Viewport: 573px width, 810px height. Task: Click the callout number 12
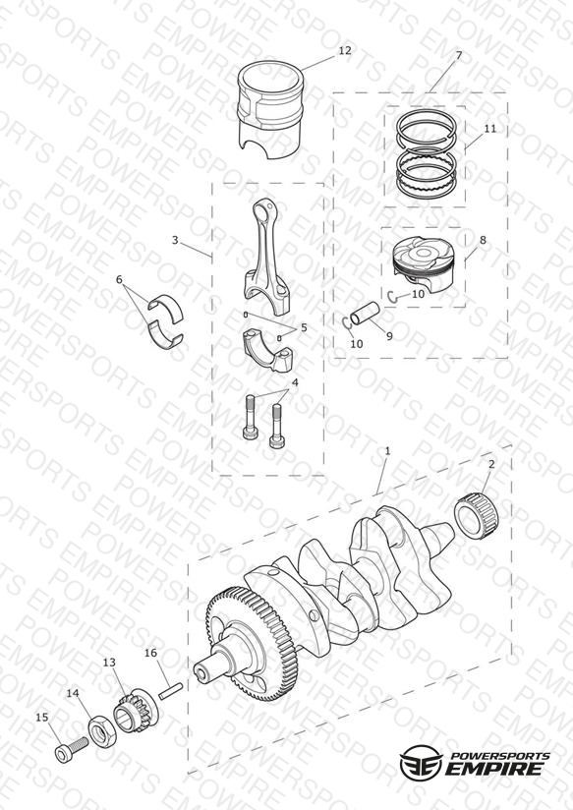point(345,50)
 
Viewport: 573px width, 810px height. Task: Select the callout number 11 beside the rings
point(489,128)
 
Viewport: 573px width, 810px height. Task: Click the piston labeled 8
point(424,264)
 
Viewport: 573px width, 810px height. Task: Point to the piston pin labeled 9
point(366,314)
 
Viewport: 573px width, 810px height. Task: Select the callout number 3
point(175,240)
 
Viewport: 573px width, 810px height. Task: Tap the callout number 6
point(119,279)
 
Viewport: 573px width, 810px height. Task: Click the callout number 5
point(304,327)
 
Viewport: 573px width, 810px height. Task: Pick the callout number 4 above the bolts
point(295,382)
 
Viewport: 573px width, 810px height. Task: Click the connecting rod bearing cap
point(267,350)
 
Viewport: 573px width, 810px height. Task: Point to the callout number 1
point(387,451)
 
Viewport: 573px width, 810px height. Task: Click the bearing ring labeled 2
point(476,516)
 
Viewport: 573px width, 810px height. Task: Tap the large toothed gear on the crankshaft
point(251,644)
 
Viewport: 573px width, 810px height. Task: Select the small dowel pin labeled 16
point(171,691)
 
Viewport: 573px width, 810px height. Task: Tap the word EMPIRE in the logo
point(493,768)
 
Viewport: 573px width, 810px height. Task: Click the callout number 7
point(458,55)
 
